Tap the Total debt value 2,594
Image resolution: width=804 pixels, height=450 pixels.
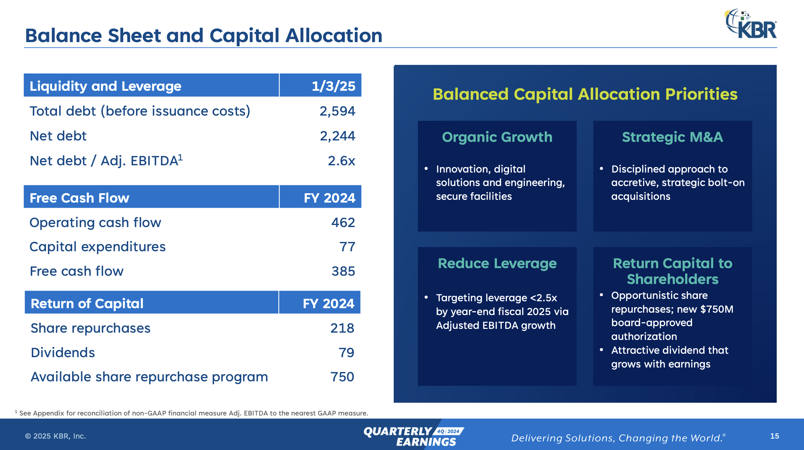337,111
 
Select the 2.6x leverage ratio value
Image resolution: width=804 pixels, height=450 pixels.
341,161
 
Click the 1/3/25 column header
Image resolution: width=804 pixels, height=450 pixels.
333,86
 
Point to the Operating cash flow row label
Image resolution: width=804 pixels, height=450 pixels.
95,223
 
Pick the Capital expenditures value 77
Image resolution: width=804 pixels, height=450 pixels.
347,247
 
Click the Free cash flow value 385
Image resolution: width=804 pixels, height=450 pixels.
343,271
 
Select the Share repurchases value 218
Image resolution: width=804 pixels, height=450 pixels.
342,328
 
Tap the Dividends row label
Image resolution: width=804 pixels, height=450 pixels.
63,353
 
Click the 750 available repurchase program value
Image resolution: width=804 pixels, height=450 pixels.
342,377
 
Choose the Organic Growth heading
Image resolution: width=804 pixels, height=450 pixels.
497,137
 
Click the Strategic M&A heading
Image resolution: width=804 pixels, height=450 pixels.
672,137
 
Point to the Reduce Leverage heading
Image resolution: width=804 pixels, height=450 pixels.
497,263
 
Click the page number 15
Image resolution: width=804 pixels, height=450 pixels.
774,436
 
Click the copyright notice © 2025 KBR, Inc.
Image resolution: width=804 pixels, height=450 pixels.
55,436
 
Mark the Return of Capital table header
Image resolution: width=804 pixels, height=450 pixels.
87,303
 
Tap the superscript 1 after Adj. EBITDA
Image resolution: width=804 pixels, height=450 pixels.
180,157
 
